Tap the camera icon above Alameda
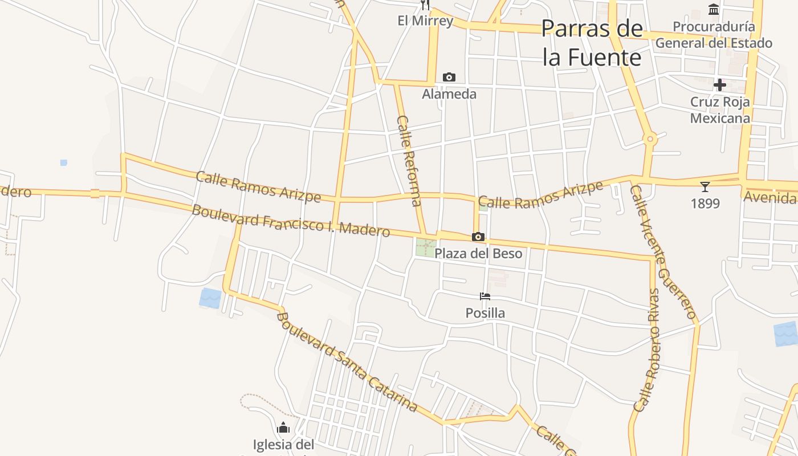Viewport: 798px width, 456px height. tap(449, 77)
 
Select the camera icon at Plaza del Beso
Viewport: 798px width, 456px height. tap(478, 237)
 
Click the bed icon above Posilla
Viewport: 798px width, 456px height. tap(485, 296)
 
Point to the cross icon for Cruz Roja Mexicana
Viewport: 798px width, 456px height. tap(720, 85)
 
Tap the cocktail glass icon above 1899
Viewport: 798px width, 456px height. tap(705, 186)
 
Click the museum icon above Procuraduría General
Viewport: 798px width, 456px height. tap(714, 9)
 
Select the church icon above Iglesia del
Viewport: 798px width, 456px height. tap(283, 427)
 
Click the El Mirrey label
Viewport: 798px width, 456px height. tap(425, 21)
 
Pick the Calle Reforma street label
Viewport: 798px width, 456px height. tap(409, 160)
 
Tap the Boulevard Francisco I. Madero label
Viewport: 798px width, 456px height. tap(291, 221)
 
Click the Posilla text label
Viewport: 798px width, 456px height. tap(485, 313)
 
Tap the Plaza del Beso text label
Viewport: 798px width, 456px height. tap(478, 254)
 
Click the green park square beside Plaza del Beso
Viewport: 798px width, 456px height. tap(425, 247)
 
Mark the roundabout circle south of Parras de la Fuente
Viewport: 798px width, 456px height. tap(650, 139)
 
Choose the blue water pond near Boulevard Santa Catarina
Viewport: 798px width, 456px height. tap(210, 298)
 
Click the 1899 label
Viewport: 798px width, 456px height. tap(705, 203)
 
